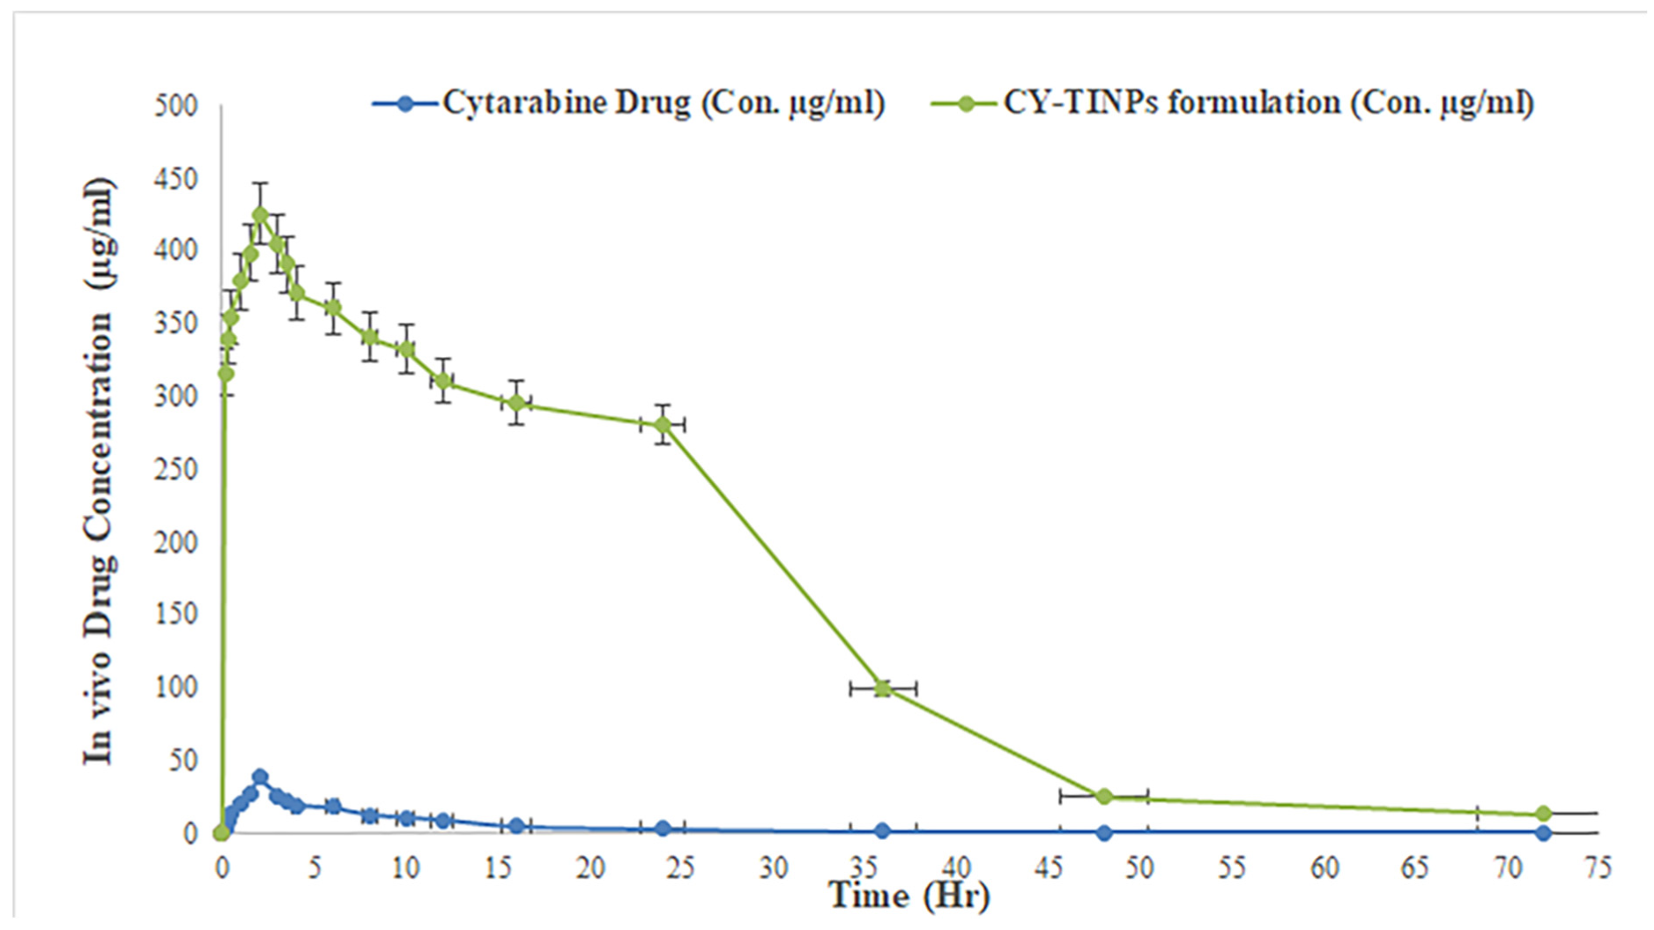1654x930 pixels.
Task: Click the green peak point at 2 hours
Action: pyautogui.click(x=259, y=214)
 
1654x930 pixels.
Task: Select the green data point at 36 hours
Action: pyautogui.click(x=882, y=688)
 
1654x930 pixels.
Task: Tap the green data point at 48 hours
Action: pyautogui.click(x=1103, y=796)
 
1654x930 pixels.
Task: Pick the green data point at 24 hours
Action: pyautogui.click(x=663, y=425)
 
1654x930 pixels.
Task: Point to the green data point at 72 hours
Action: pyautogui.click(x=1543, y=814)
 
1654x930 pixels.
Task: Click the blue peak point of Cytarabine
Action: pyautogui.click(x=259, y=777)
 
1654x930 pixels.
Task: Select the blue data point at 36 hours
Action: pyautogui.click(x=882, y=830)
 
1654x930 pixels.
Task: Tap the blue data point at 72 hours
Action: pyautogui.click(x=1543, y=832)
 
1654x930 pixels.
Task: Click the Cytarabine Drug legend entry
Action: pyautogui.click(x=627, y=103)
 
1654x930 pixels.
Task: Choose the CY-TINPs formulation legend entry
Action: pyautogui.click(x=1232, y=103)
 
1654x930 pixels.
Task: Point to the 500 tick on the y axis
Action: pyautogui.click(x=176, y=106)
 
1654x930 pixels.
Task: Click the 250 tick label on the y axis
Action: pyautogui.click(x=176, y=469)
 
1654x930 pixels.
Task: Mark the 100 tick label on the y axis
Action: pyautogui.click(x=176, y=688)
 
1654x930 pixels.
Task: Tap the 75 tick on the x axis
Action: pyautogui.click(x=1598, y=868)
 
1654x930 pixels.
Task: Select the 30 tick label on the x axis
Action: pyautogui.click(x=773, y=868)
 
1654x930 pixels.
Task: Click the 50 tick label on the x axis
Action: pyautogui.click(x=1139, y=868)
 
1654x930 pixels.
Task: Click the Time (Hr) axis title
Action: pyautogui.click(x=909, y=897)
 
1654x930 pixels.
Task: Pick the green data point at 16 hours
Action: pyautogui.click(x=516, y=403)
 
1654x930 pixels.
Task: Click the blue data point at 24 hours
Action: pyautogui.click(x=663, y=828)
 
